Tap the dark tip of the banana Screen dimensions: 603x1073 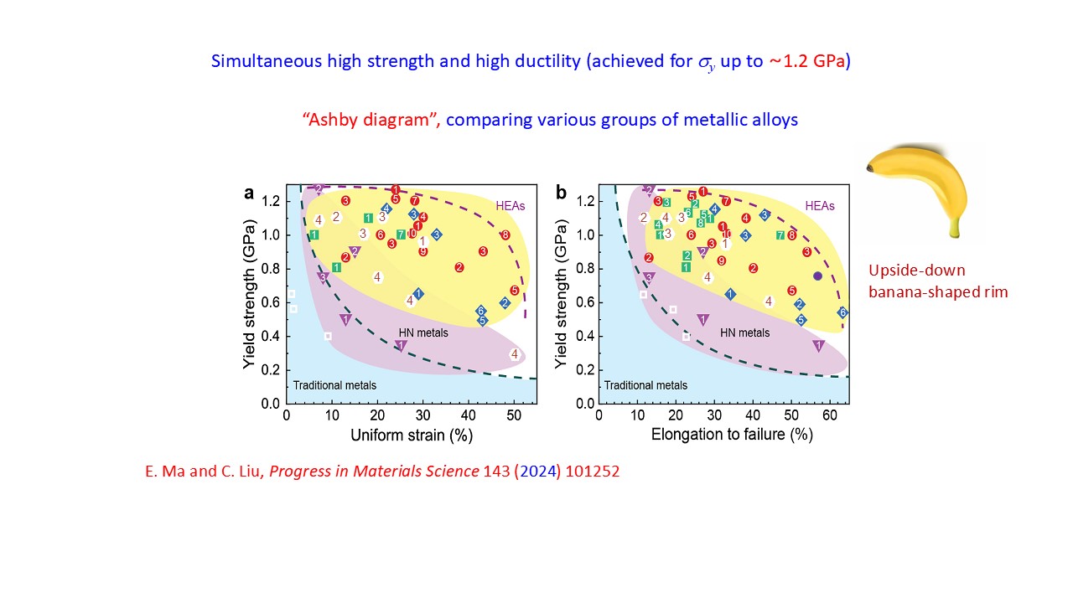[872, 169]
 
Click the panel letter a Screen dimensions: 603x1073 [249, 193]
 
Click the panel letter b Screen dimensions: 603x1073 [561, 193]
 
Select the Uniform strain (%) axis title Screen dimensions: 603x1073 [411, 435]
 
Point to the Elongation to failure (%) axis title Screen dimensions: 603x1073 [723, 435]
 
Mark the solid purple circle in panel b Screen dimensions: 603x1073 [818, 276]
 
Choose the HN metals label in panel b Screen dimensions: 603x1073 [745, 332]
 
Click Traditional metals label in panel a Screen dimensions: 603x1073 [334, 385]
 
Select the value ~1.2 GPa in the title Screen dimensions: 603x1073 [809, 61]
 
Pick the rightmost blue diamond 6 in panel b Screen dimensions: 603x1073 [843, 312]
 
